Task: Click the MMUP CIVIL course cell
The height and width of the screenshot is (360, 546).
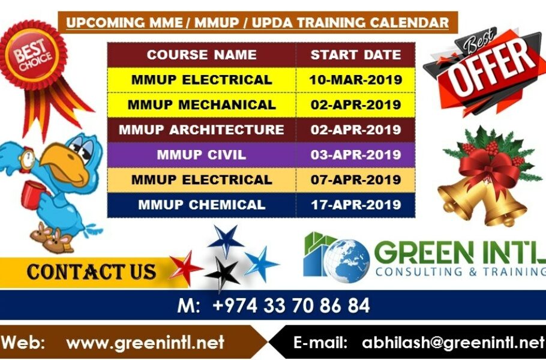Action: [x=202, y=155]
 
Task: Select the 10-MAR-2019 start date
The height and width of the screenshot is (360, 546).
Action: [x=356, y=80]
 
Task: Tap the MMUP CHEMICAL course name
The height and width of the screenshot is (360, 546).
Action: [x=202, y=205]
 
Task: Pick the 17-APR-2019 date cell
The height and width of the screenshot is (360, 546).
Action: [x=356, y=205]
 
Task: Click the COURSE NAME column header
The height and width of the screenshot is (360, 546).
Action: [x=202, y=55]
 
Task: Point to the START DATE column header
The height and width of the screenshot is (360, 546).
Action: [x=356, y=55]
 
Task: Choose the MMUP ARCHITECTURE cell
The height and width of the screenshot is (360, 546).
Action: [x=202, y=130]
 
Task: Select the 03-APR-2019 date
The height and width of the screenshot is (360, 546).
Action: [x=356, y=155]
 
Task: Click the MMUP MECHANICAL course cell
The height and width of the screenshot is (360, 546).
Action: [x=202, y=105]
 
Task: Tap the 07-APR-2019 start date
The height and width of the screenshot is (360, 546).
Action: [x=356, y=179]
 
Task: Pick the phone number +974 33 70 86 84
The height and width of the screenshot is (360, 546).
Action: [x=291, y=305]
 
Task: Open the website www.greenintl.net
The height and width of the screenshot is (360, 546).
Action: [x=145, y=343]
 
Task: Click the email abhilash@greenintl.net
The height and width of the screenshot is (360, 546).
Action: [x=453, y=343]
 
